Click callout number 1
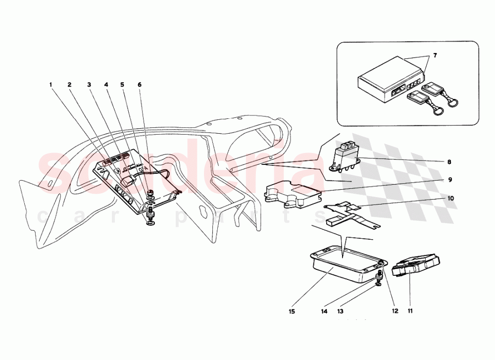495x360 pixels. tap(51, 85)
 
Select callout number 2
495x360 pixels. tap(70, 85)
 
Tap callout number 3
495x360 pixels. tap(89, 85)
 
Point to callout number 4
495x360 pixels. tap(106, 85)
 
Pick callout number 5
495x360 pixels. tap(122, 85)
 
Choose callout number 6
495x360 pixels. tap(140, 85)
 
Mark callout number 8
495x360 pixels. tap(448, 161)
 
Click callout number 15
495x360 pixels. tap(292, 311)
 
